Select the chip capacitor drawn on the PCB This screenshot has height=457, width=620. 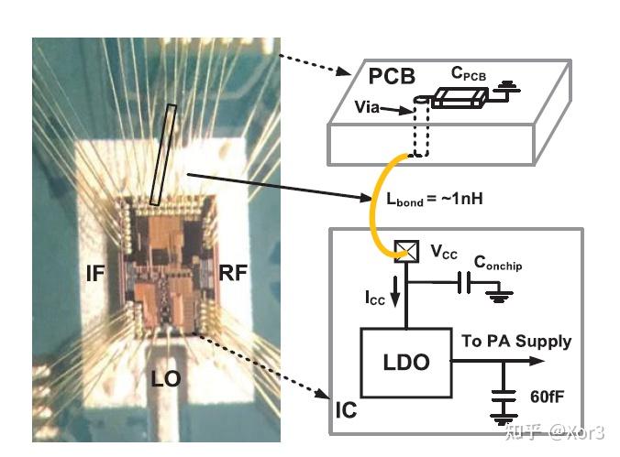coord(460,97)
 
